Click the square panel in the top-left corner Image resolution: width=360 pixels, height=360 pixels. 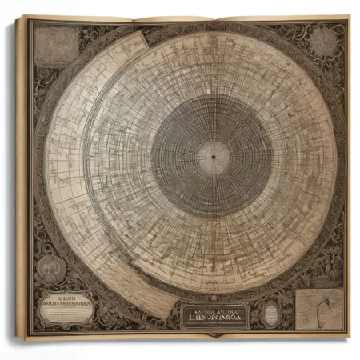pos(55,46)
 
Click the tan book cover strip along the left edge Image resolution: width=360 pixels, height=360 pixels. pos(21,176)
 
